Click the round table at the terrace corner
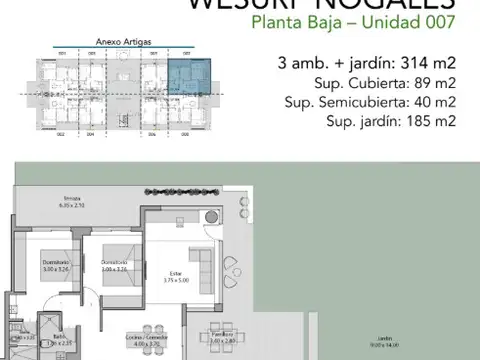point(211,219)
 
